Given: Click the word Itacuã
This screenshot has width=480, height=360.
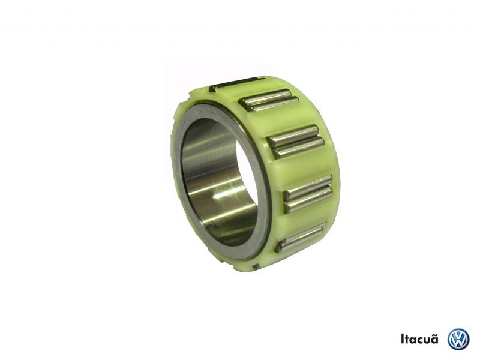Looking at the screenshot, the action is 419,339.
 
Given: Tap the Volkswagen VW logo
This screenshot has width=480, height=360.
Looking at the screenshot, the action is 458,340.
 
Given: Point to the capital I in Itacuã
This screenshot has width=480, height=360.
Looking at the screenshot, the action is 403,340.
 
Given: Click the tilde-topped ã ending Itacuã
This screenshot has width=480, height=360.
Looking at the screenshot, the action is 434,339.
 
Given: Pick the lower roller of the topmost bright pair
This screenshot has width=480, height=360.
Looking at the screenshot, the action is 273,104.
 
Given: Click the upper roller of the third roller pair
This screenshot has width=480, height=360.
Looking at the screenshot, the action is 308,185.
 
